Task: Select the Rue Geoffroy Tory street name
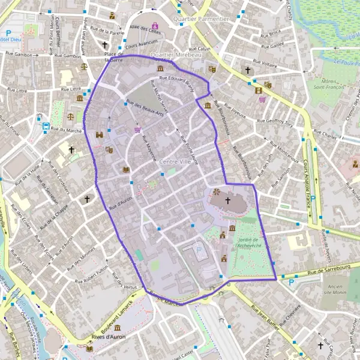(275, 122)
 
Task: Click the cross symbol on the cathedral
(227, 200)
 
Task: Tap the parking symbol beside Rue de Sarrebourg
(292, 281)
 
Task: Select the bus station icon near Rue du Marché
(46, 127)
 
